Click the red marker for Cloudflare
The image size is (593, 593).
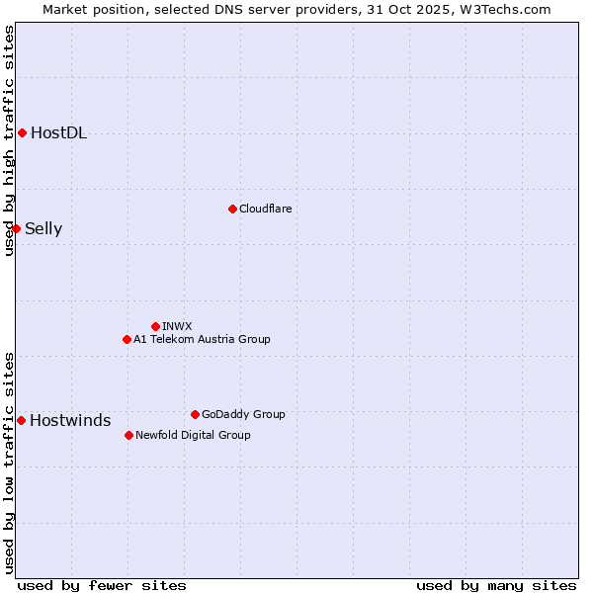(x=232, y=209)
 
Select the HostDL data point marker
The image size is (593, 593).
(x=22, y=132)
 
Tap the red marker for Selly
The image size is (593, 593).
(x=16, y=228)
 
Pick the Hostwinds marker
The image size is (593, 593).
(x=21, y=420)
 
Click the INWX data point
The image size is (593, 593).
(x=155, y=326)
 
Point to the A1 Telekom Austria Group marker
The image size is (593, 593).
(x=127, y=339)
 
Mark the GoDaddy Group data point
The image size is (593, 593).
(x=195, y=414)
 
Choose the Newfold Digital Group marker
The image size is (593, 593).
(x=128, y=435)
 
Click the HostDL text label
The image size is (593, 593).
(x=58, y=133)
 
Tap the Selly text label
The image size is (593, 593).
(x=43, y=229)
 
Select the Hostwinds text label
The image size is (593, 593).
(x=70, y=421)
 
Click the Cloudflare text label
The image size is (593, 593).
(x=266, y=209)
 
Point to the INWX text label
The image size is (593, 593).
(x=177, y=326)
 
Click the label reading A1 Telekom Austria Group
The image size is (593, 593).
(x=202, y=339)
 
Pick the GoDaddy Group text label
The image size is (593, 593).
(x=243, y=414)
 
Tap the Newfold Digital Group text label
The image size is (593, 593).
(x=193, y=435)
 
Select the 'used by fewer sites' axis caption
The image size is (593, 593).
(x=102, y=585)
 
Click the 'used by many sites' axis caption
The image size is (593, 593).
(x=496, y=585)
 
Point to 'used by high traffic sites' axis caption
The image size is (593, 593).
(x=9, y=140)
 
